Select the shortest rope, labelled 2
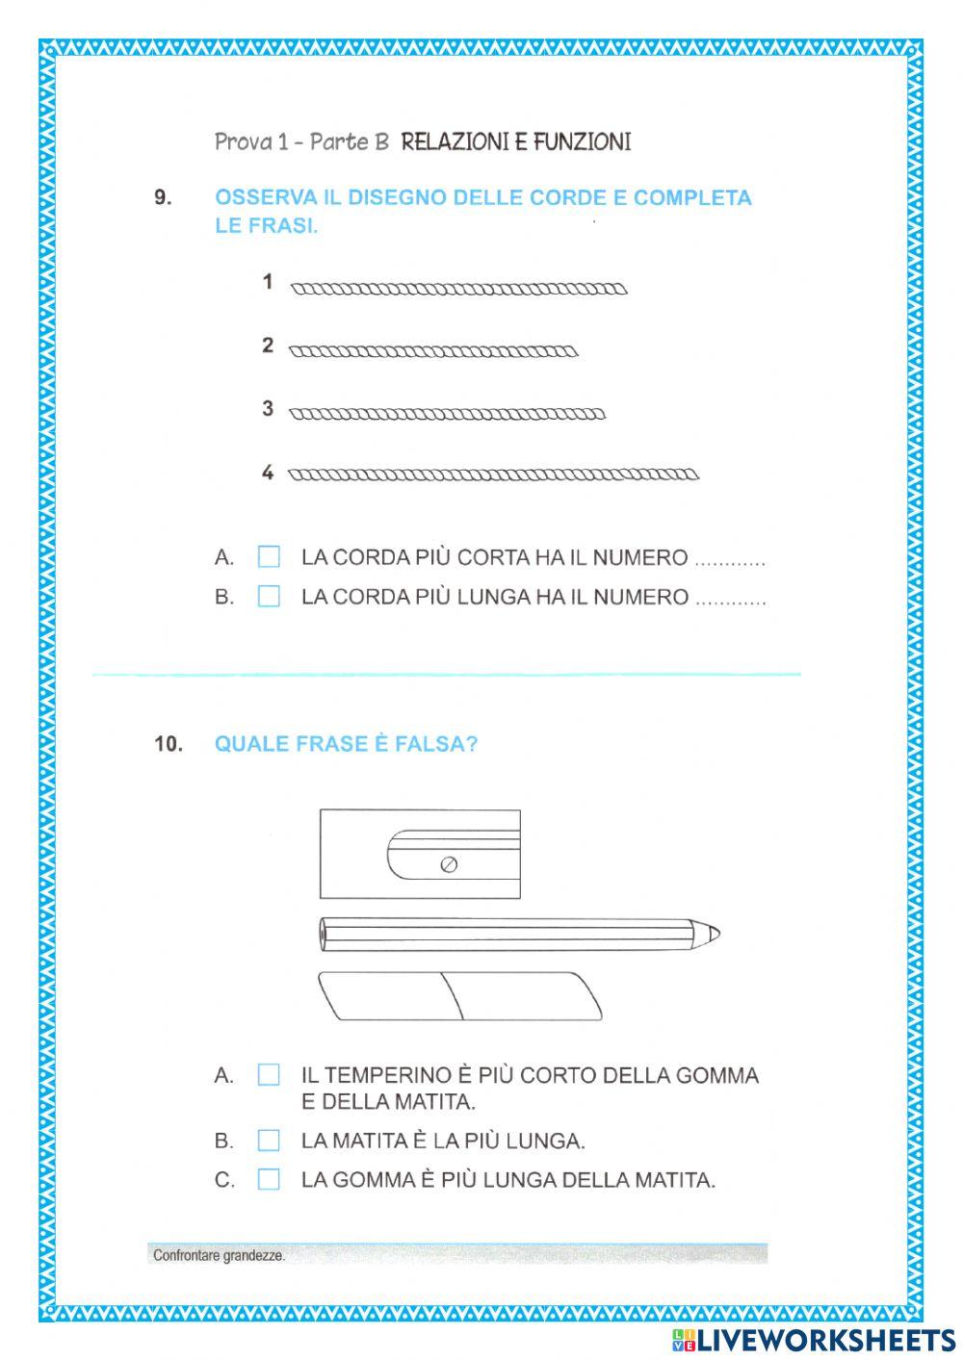click(x=433, y=351)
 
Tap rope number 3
click(x=447, y=415)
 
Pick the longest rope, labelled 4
click(x=494, y=474)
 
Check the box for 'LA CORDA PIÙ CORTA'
click(x=269, y=557)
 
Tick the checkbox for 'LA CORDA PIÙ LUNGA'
click(x=269, y=597)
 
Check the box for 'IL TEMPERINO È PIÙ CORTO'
click(x=269, y=1075)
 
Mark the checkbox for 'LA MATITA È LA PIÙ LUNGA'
click(x=269, y=1141)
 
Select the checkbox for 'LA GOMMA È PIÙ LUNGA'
click(x=269, y=1179)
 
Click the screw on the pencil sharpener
click(x=448, y=864)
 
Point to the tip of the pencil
click(x=714, y=933)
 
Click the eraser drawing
click(x=459, y=995)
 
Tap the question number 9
click(x=163, y=198)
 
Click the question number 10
click(x=168, y=744)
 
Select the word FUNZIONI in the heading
click(x=583, y=142)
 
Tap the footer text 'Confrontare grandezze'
click(x=220, y=1255)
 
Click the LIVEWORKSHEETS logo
click(x=813, y=1339)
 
